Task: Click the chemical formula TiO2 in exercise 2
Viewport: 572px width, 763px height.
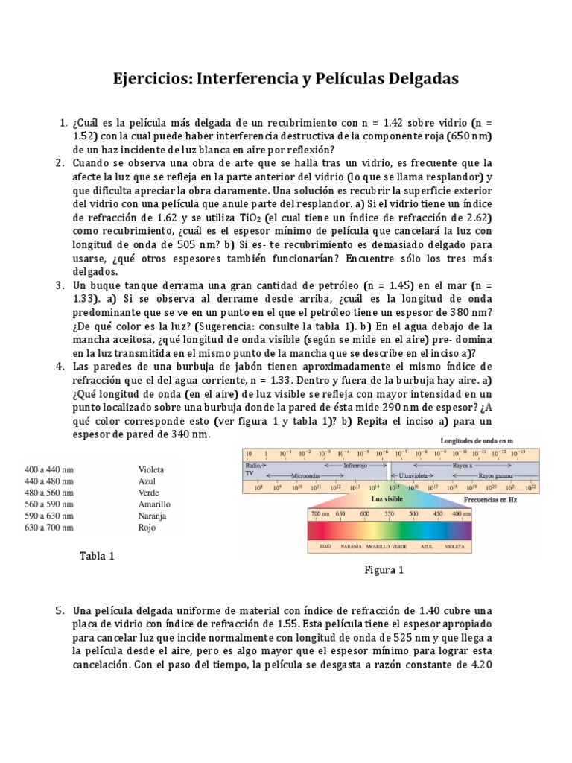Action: pos(252,218)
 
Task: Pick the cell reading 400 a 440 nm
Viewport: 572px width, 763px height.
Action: pos(49,470)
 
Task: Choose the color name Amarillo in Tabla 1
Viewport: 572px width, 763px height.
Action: pos(154,504)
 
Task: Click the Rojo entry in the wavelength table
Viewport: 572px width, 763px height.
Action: pos(147,528)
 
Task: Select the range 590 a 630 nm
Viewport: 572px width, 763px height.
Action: pos(49,516)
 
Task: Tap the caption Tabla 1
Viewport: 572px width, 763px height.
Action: pos(98,556)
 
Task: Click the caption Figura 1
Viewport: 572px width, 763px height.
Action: pos(384,571)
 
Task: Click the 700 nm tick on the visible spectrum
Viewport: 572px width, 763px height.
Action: pos(320,514)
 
